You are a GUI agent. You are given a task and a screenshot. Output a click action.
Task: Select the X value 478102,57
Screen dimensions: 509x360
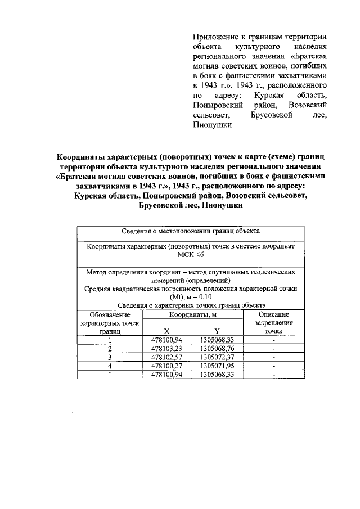point(167,357)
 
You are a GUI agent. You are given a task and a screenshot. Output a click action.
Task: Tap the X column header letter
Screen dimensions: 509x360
point(166,331)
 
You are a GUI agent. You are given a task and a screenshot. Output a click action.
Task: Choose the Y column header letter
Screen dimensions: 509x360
point(217,331)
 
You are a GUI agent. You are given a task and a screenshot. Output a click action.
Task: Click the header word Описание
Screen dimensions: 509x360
point(273,316)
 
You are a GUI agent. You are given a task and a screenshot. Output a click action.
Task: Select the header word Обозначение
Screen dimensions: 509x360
point(110,316)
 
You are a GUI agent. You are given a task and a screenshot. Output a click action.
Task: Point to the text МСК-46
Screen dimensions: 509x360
point(190,254)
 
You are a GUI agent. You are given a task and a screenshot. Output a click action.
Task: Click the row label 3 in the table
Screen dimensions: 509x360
point(110,357)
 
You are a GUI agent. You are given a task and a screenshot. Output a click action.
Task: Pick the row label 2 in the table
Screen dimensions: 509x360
point(110,348)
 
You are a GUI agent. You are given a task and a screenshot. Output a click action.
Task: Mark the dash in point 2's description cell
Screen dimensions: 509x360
point(273,348)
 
